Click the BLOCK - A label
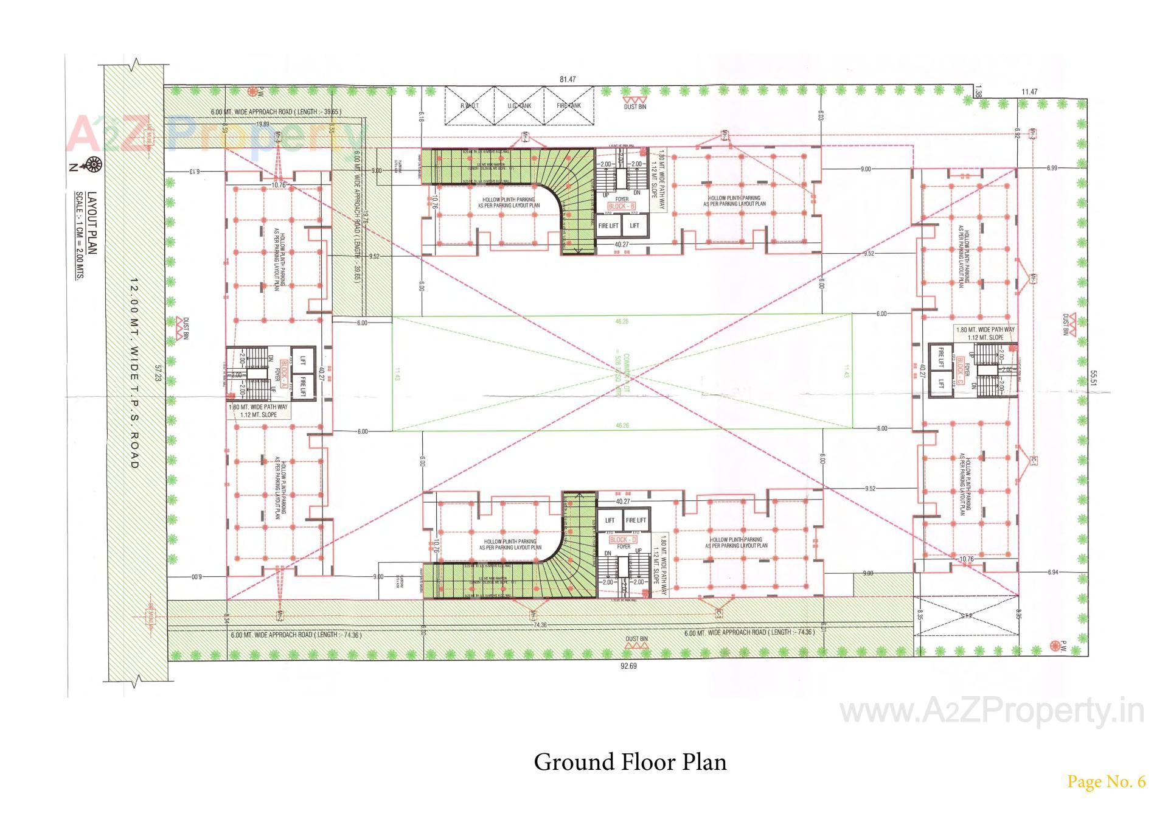(x=284, y=371)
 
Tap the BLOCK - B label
(x=622, y=207)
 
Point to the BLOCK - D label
(x=623, y=539)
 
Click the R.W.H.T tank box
(x=469, y=106)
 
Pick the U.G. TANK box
(x=519, y=106)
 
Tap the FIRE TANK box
(x=569, y=106)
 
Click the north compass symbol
(x=94, y=163)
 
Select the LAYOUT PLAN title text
(x=92, y=223)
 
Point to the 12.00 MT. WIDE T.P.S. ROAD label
(x=134, y=374)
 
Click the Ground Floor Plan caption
(x=630, y=762)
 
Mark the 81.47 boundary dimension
(x=568, y=80)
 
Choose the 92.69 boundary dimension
(x=628, y=666)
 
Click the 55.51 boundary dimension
(x=1093, y=379)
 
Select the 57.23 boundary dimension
(x=158, y=373)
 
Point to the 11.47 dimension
(x=1029, y=92)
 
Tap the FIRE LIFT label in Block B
(x=608, y=226)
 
